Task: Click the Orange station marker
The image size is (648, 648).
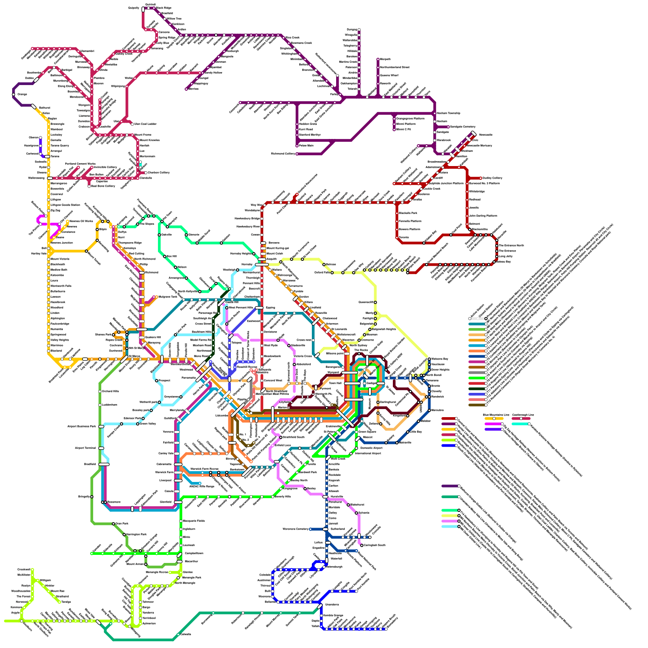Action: pyautogui.click(x=14, y=94)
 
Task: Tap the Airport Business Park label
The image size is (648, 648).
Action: pyautogui.click(x=81, y=426)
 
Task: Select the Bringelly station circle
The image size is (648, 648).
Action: pyautogui.click(x=92, y=497)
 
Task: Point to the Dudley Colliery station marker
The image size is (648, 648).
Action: pyautogui.click(x=481, y=178)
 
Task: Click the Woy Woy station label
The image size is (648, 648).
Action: pyautogui.click(x=256, y=205)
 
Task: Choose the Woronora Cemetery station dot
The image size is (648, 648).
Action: pyautogui.click(x=310, y=529)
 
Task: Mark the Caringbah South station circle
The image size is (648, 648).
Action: pyautogui.click(x=362, y=545)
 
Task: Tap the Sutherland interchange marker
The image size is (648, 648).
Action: pyautogui.click(x=325, y=529)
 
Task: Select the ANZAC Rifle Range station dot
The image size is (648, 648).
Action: pyautogui.click(x=200, y=483)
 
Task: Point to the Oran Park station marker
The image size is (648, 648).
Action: pyautogui.click(x=113, y=524)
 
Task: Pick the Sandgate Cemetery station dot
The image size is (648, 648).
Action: pyautogui.click(x=448, y=127)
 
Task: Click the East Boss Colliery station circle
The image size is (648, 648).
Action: pyautogui.click(x=89, y=186)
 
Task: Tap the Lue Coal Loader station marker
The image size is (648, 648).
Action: pyautogui.click(x=132, y=124)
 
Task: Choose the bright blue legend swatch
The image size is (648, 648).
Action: pyautogui.click(x=449, y=446)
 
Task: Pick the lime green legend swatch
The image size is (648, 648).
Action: pyautogui.click(x=449, y=440)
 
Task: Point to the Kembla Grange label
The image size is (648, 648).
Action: pyautogui.click(x=333, y=615)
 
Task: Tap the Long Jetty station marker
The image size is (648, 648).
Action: pyautogui.click(x=497, y=256)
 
